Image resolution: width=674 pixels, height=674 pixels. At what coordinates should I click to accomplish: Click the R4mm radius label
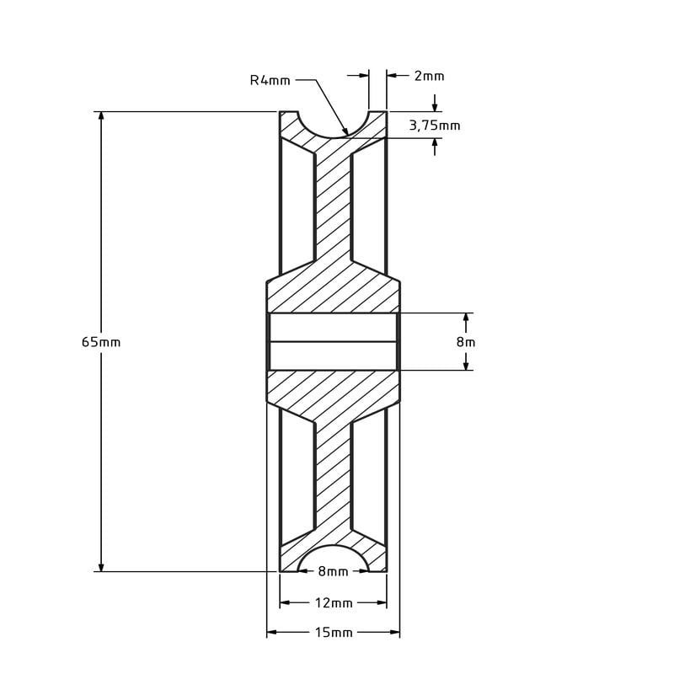coord(270,81)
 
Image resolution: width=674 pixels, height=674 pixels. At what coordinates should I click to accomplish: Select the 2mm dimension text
coord(429,76)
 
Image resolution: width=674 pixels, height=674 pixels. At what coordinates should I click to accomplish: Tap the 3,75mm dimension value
coord(435,126)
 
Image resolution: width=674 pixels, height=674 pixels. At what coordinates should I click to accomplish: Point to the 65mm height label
coord(101,342)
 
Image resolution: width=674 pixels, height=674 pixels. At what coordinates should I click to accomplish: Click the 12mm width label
coord(334,603)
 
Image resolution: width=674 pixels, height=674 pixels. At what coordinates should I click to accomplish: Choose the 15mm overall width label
coord(334,633)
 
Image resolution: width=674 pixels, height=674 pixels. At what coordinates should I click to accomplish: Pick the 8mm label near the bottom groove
coord(333,572)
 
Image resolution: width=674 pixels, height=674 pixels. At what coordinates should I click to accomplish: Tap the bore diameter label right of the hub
coord(466,342)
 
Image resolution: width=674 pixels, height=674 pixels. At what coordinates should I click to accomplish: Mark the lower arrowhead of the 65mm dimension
coord(101,566)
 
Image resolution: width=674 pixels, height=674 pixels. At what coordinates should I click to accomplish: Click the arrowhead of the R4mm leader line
coord(345,132)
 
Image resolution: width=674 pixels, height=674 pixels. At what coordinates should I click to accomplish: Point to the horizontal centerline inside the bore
coord(333,342)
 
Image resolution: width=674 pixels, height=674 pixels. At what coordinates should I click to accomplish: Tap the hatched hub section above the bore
coord(333,291)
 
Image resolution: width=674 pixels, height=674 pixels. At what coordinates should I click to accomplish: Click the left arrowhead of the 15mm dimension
coord(272,633)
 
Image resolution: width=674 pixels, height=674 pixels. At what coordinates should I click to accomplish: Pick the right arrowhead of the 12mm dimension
coord(382,603)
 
